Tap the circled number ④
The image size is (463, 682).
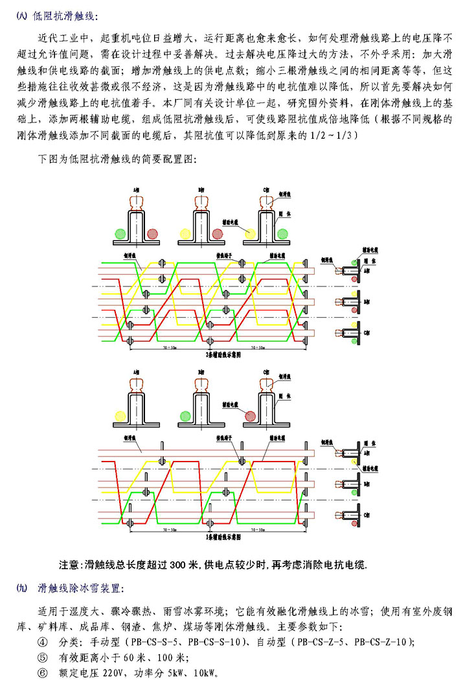pyautogui.click(x=43, y=642)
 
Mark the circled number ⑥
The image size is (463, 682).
pyautogui.click(x=43, y=672)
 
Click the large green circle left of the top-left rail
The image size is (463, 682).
pyautogui.click(x=120, y=233)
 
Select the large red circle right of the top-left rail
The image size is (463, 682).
pyautogui.click(x=152, y=233)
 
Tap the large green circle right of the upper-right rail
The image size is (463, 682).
pyautogui.click(x=283, y=232)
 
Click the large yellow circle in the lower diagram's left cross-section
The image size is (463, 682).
pyautogui.click(x=120, y=414)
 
